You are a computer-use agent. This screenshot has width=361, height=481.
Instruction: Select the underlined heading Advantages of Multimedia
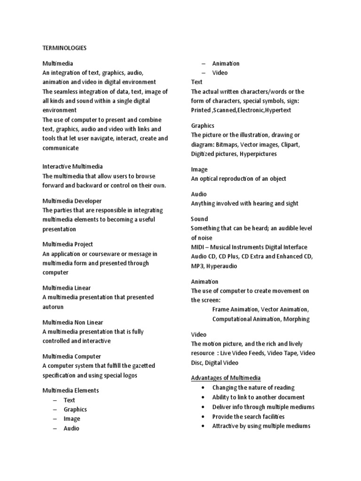226,378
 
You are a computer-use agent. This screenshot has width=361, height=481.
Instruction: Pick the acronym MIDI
198,247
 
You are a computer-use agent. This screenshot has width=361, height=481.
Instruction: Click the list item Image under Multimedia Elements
72,419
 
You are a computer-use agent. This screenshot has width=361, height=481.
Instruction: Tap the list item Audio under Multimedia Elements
71,428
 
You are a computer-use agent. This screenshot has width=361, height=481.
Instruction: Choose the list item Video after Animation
220,73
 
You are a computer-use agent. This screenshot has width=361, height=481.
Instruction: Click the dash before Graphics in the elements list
55,409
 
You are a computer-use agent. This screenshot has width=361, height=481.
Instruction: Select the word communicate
61,148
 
